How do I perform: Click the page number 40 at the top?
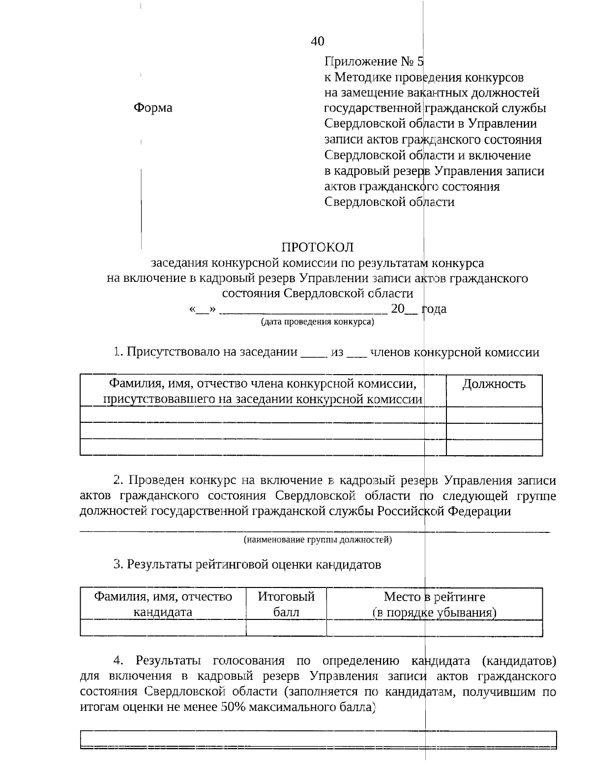317,41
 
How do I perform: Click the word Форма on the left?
153,108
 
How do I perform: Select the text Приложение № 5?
374,61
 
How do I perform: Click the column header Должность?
494,384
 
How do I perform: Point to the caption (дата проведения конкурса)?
317,322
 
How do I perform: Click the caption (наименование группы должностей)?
318,540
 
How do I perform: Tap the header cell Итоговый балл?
286,604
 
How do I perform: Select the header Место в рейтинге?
434,597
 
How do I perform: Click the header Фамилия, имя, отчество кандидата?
163,604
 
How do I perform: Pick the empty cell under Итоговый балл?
286,628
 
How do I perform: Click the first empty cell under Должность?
494,415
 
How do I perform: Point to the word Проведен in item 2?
156,480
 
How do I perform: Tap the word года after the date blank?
434,309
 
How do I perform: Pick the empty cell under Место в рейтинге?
434,628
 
